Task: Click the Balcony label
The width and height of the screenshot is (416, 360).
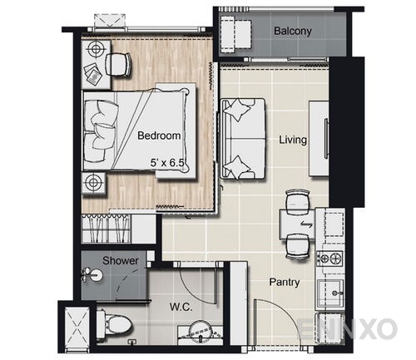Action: tap(292, 32)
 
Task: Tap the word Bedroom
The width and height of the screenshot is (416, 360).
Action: tap(159, 135)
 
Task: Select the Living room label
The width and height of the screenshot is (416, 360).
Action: tap(292, 141)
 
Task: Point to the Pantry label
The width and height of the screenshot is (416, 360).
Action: tap(284, 282)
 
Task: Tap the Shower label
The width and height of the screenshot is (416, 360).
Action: tap(120, 260)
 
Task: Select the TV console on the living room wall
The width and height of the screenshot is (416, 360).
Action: tap(319, 137)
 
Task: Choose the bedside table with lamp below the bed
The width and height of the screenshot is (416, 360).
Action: tap(93, 182)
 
